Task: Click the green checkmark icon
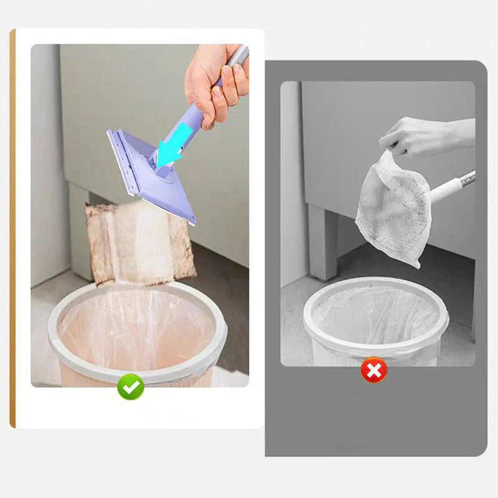[x=131, y=388]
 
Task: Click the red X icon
[x=374, y=371]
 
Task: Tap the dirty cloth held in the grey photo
[x=392, y=209]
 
